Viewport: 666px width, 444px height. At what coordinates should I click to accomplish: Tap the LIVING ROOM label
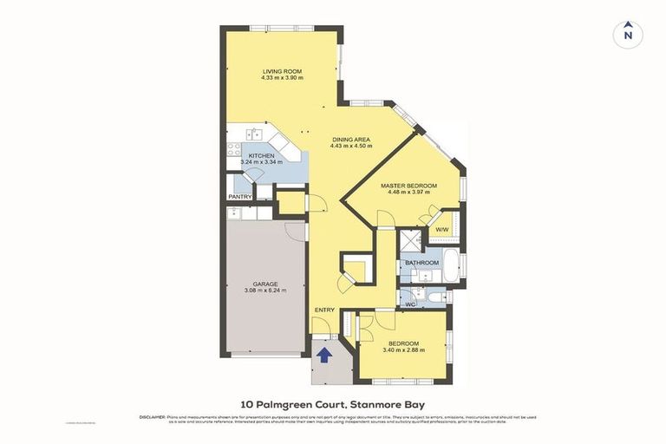(282, 71)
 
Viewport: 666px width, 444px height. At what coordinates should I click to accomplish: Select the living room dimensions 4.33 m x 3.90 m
(282, 78)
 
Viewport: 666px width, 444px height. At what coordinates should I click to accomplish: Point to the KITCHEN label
(261, 156)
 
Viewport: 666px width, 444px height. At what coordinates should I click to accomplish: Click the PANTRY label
(240, 197)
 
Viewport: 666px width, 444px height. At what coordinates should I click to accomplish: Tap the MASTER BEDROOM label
(408, 186)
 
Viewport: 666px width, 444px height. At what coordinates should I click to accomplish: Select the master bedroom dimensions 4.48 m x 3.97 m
(408, 193)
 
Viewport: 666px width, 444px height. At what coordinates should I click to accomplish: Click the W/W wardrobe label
(441, 230)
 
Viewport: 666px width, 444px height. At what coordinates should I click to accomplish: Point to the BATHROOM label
(421, 262)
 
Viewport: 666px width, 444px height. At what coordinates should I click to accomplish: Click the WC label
(412, 304)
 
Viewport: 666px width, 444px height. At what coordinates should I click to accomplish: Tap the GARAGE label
(265, 284)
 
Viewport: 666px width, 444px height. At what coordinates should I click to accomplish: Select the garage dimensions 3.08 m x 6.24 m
(265, 291)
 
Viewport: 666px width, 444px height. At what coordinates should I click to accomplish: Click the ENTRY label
(324, 310)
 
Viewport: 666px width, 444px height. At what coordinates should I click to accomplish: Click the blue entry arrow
(324, 354)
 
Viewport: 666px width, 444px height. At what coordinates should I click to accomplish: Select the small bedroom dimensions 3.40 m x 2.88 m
(404, 350)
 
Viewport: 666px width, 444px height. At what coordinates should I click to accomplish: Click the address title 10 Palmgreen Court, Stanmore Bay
(332, 404)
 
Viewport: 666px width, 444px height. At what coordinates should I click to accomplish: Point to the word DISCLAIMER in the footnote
(152, 417)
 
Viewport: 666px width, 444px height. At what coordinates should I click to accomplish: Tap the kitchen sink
(253, 134)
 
